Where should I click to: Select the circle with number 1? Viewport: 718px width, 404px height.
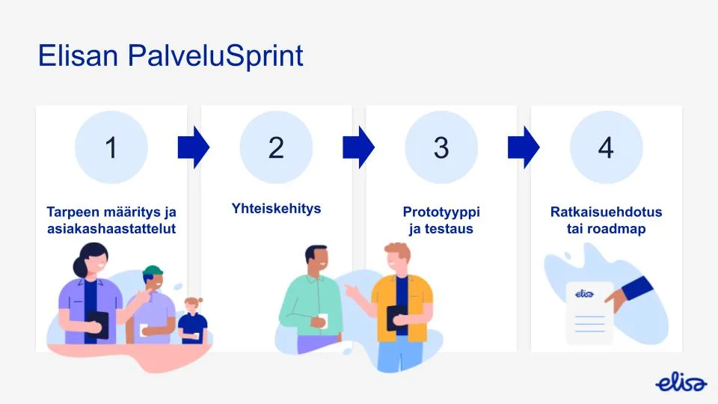point(111,147)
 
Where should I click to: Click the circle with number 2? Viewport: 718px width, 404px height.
point(276,147)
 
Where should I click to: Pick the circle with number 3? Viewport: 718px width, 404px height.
point(441,147)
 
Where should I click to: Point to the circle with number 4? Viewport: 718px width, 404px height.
point(606,147)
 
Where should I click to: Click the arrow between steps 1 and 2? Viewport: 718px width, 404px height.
point(194,147)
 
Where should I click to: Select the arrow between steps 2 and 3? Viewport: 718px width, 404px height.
point(358,147)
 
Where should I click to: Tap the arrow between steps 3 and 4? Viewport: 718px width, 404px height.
point(524,147)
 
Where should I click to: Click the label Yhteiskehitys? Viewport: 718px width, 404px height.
point(276,208)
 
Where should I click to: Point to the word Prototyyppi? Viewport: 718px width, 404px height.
point(441,212)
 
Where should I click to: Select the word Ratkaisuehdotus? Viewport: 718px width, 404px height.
point(606,212)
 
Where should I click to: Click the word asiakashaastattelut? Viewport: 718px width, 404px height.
point(111,229)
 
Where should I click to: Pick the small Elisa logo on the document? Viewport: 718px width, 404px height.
point(585,294)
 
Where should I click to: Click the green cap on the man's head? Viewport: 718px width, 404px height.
point(153,270)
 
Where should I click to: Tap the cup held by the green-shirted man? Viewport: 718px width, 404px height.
point(322,320)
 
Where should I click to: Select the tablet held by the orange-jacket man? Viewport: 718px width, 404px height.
point(396,317)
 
